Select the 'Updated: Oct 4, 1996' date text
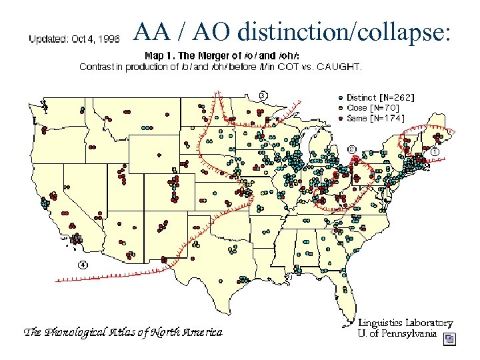coord(74,39)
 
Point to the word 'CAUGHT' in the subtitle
coord(339,66)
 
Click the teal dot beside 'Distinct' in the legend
coord(341,97)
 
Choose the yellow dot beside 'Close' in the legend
coord(341,107)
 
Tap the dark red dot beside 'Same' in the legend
coord(341,118)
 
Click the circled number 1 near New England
coord(435,152)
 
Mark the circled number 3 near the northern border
coord(263,95)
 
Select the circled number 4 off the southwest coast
coord(83,264)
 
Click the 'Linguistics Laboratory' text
coord(405,323)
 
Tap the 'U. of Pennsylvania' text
coord(397,333)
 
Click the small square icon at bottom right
coord(450,339)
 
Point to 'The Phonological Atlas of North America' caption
coord(123,331)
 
